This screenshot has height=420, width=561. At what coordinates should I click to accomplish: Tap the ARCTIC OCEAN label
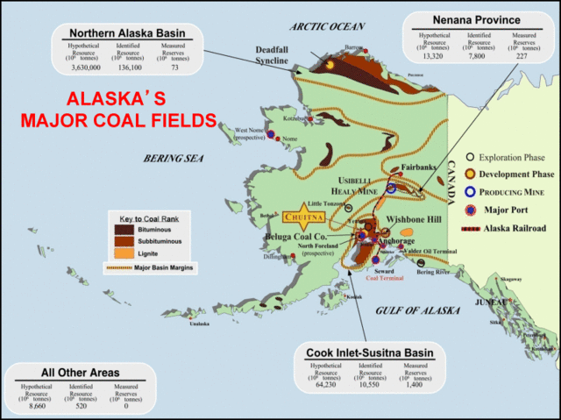tap(329, 26)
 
